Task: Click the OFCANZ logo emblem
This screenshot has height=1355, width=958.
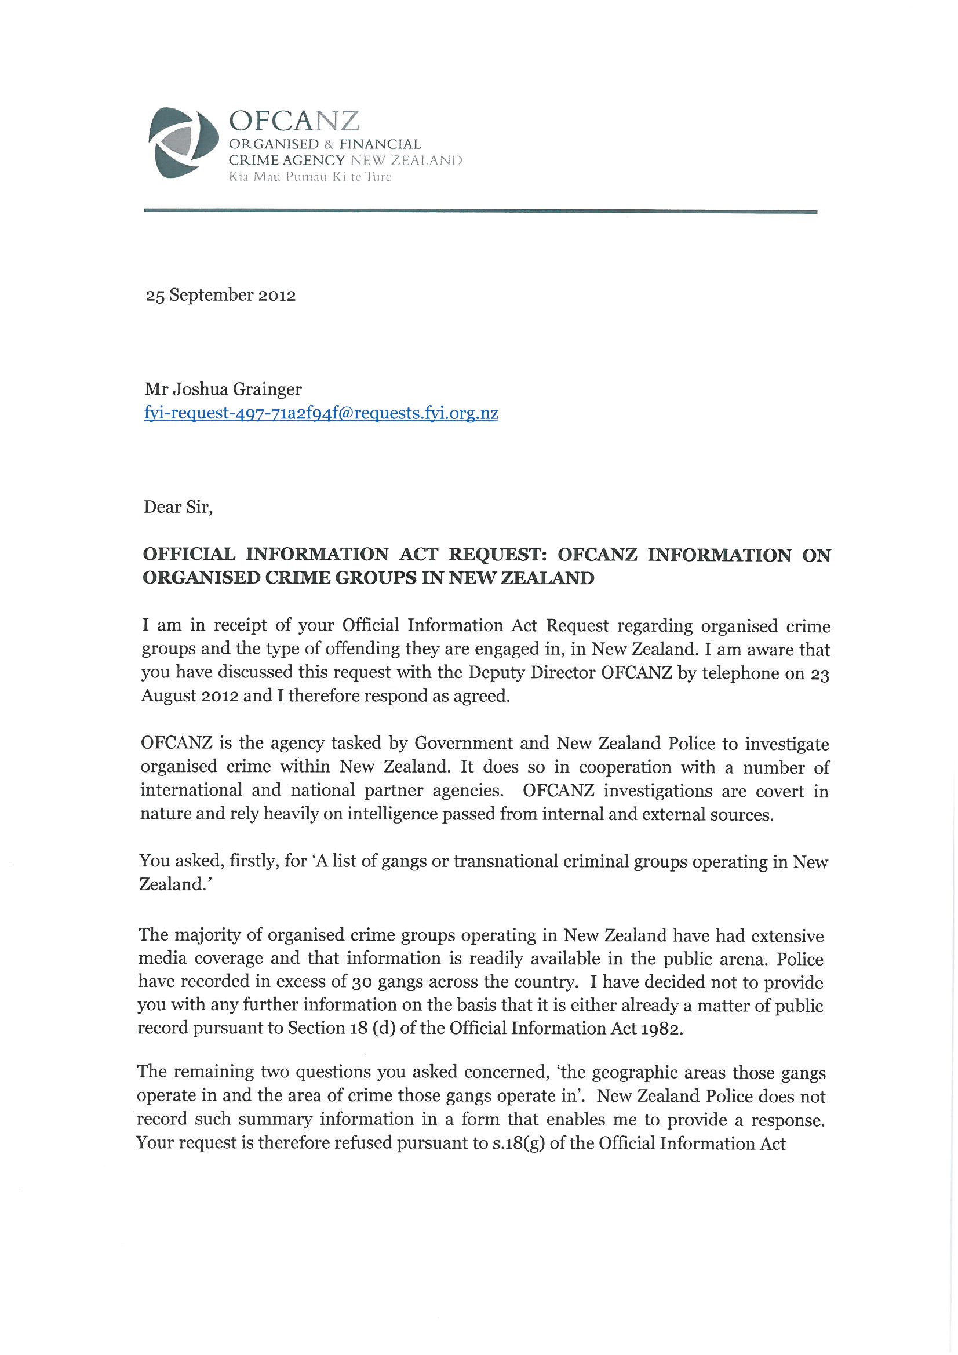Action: point(179,143)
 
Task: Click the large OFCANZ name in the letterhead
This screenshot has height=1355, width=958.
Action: point(293,121)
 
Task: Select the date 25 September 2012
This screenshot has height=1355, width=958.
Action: point(220,295)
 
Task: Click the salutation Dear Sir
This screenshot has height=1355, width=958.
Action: point(178,508)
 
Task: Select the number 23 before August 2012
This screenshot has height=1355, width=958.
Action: point(820,674)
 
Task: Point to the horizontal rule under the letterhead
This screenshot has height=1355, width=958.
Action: point(480,211)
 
